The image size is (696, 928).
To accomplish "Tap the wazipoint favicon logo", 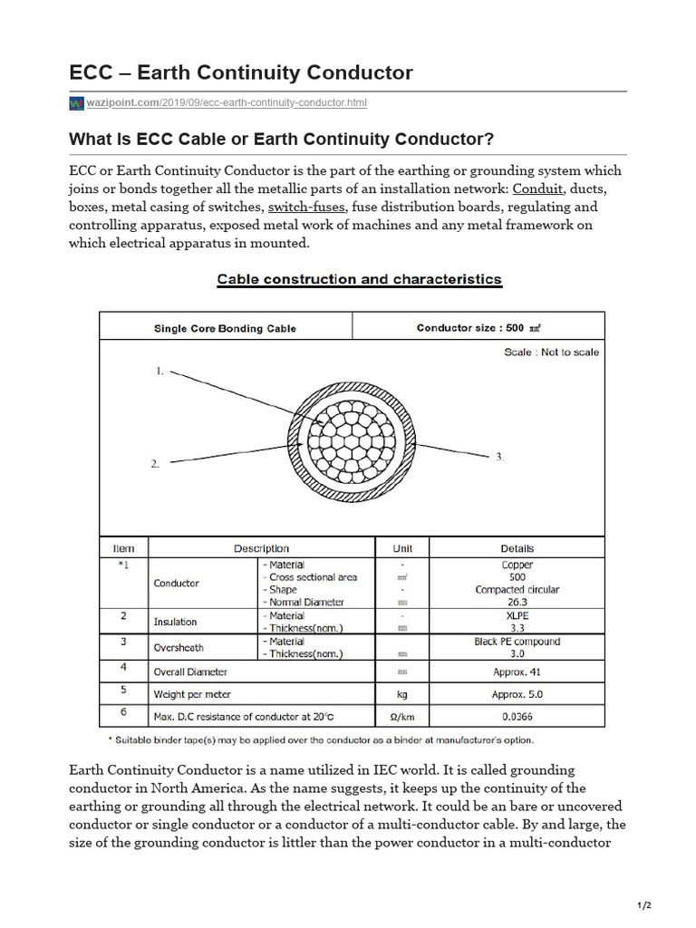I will tap(76, 104).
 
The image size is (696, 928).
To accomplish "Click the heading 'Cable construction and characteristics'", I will tap(359, 279).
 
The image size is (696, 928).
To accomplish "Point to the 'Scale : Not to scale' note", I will tap(551, 352).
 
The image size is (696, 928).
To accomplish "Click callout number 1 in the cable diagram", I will tap(159, 371).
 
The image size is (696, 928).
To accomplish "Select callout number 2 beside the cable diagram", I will tap(155, 463).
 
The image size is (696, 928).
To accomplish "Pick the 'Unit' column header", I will tap(402, 548).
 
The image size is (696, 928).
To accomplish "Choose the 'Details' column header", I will tap(517, 548).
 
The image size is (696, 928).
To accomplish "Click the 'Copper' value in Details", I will tap(517, 565).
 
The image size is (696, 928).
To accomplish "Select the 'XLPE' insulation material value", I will tap(517, 615).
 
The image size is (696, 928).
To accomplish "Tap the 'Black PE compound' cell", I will tap(517, 642).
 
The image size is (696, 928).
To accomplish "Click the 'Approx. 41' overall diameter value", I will tap(517, 672).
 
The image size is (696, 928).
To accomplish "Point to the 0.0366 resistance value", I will tap(517, 717).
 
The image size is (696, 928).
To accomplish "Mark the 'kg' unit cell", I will tap(402, 694).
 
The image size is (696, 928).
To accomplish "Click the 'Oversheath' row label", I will tap(178, 647).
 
